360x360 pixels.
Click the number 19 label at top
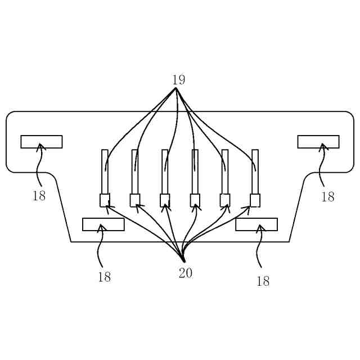pyautogui.click(x=178, y=80)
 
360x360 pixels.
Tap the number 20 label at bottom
pyautogui.click(x=186, y=273)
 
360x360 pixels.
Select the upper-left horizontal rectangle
pyautogui.click(x=42, y=142)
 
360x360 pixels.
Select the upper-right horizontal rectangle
pyautogui.click(x=318, y=142)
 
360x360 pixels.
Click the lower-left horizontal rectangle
pyautogui.click(x=103, y=224)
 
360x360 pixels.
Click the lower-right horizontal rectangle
pyautogui.click(x=256, y=224)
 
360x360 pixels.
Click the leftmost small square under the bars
pyautogui.click(x=105, y=200)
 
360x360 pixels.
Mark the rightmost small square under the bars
pyautogui.click(x=255, y=200)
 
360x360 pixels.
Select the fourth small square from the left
pyautogui.click(x=195, y=200)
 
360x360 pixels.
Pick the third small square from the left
pyautogui.click(x=165, y=200)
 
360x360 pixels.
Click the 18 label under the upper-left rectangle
pyautogui.click(x=39, y=196)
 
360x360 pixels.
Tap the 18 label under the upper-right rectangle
pyautogui.click(x=327, y=197)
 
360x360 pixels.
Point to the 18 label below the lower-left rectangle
pyautogui.click(x=104, y=277)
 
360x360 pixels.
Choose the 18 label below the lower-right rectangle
pyautogui.click(x=263, y=282)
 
